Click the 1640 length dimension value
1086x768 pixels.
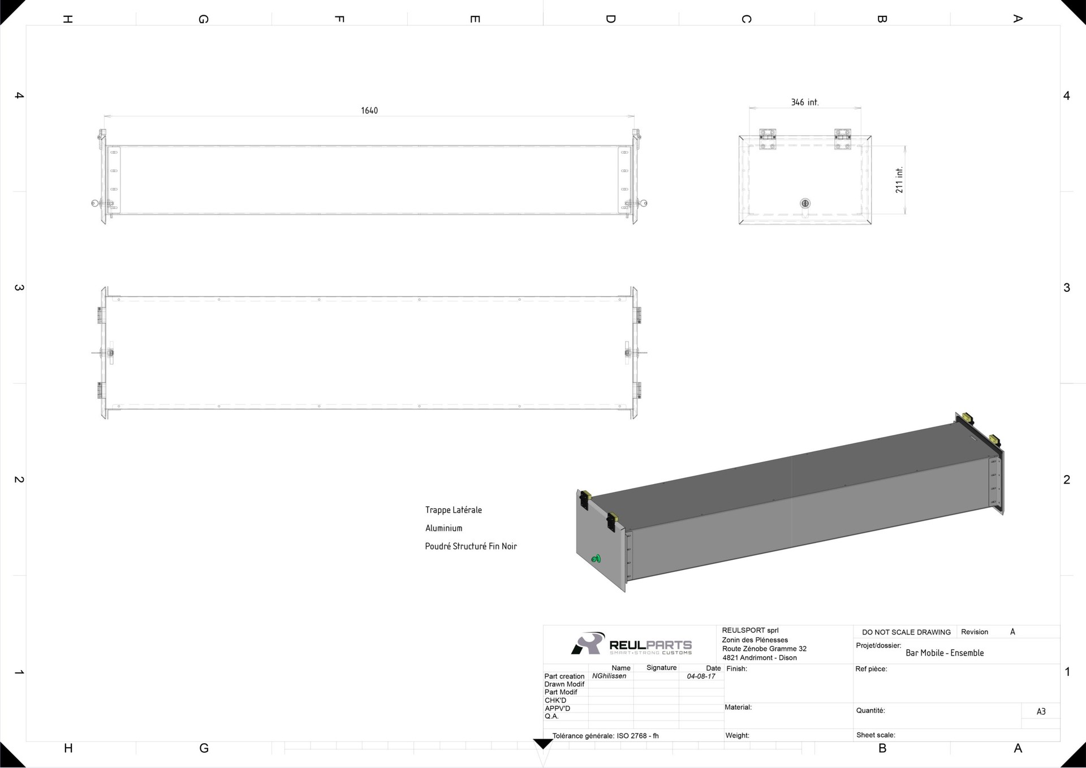point(369,110)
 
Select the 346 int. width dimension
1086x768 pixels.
point(804,102)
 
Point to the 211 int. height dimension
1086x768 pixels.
point(899,180)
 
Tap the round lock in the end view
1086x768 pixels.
point(805,204)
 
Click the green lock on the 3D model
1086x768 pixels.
point(596,559)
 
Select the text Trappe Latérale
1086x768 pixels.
point(454,510)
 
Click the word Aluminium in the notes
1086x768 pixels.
point(444,528)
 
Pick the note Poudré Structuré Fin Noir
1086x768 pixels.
point(471,546)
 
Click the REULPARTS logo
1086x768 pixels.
point(631,644)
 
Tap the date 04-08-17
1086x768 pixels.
point(701,676)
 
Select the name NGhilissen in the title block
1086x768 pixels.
point(609,676)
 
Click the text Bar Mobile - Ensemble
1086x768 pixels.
point(945,653)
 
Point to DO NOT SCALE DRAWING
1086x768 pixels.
point(906,632)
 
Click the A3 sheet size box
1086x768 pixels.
point(1041,711)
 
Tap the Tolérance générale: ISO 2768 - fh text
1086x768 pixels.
point(606,736)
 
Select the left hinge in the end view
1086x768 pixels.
point(768,139)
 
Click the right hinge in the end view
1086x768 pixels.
point(842,139)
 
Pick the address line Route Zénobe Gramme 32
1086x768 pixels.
point(764,649)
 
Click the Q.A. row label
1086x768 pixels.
point(551,717)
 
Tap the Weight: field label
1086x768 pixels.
point(738,736)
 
